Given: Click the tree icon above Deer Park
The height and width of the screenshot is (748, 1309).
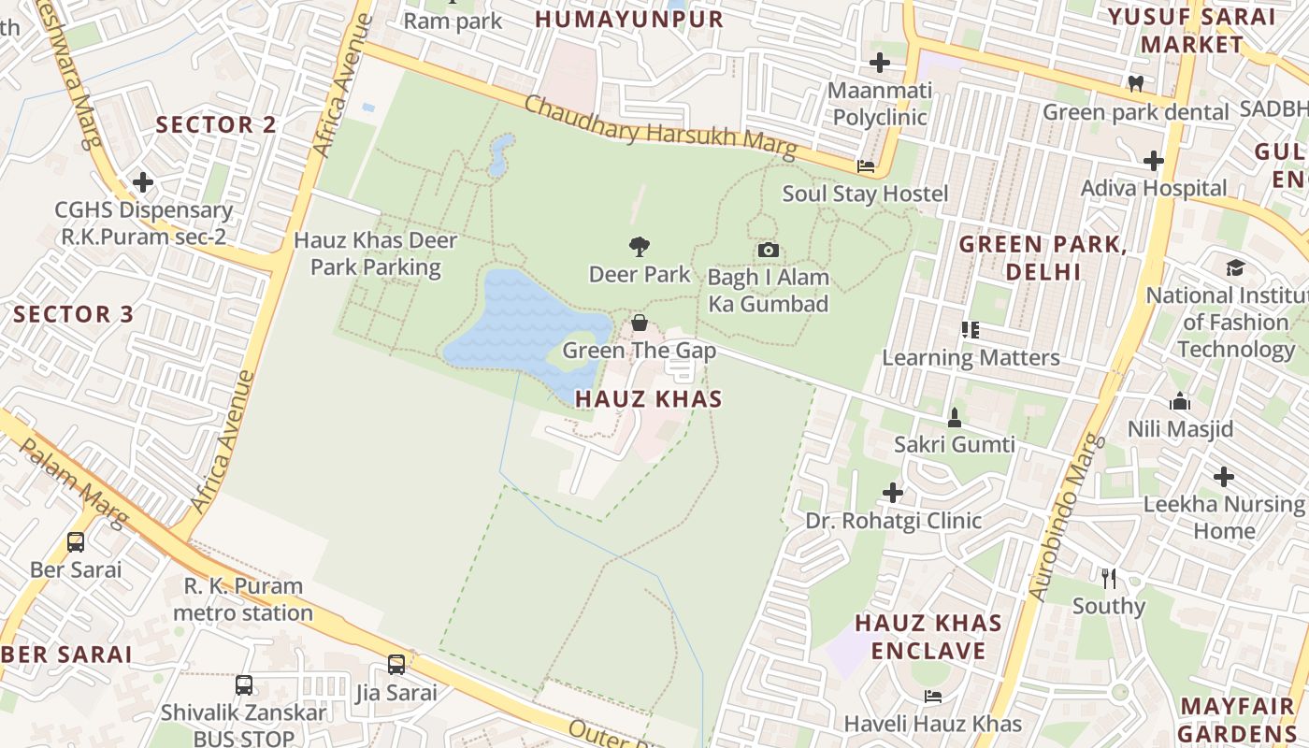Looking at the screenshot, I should point(640,247).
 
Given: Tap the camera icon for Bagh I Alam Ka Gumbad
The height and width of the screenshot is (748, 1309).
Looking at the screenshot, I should point(768,250).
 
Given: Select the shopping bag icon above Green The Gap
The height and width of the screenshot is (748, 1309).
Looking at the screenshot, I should point(640,324).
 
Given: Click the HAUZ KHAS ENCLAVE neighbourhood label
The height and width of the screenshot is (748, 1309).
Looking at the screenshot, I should point(928,637).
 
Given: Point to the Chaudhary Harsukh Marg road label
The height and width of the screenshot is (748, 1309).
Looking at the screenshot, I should point(660,127).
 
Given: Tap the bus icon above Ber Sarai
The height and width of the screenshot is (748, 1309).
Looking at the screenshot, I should point(76,541).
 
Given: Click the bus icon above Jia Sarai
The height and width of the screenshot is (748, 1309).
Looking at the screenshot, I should point(396,665).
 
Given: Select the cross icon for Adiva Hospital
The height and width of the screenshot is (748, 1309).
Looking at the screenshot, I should point(1154,161).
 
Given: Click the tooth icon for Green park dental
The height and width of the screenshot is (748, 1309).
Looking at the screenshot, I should point(1136,83).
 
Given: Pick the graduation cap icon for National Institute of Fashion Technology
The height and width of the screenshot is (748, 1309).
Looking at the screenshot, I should point(1235,267).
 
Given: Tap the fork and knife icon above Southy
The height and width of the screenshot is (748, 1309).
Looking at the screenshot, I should point(1109,578).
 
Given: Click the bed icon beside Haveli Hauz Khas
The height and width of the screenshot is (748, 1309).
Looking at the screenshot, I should point(932,697).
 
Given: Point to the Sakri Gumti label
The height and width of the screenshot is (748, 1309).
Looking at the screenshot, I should point(954,444).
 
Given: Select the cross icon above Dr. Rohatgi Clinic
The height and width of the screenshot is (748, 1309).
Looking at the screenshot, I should point(893,492).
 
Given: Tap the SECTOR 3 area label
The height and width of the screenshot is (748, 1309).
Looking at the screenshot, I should point(74,314).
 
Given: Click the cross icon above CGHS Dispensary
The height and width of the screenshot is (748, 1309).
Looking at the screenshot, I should point(143,182).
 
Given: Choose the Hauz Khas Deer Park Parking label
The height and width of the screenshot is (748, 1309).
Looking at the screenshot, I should point(376,253).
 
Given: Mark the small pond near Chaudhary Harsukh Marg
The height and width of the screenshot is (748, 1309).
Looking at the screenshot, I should point(500,155).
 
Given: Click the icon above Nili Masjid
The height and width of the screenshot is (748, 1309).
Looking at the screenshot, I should point(1180,402).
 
